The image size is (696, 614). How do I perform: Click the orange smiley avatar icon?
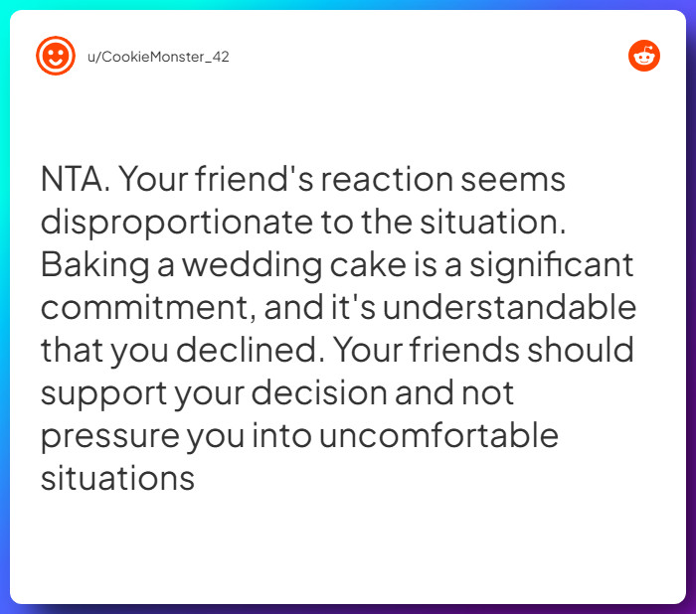tap(56, 56)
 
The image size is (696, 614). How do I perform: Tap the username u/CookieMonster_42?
tap(158, 57)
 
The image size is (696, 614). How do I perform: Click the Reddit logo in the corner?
tap(644, 56)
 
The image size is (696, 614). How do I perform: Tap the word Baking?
tap(94, 266)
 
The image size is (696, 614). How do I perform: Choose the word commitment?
tap(147, 309)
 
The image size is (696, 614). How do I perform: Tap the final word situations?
tap(116, 479)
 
